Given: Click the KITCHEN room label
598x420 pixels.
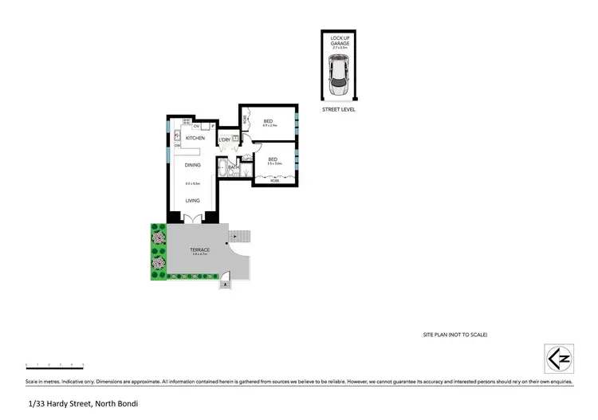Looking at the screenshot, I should (195, 139).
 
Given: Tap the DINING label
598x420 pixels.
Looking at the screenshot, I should (192, 165).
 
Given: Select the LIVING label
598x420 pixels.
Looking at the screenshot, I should (192, 201).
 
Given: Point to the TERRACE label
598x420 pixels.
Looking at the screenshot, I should (199, 250).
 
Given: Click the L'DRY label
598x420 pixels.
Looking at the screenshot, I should (225, 140).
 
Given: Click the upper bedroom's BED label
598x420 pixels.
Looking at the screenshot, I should (268, 121).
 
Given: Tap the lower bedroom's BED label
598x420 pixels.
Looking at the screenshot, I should (273, 159).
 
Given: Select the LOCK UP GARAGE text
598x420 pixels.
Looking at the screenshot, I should (338, 41).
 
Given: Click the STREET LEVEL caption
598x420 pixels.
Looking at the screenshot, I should (338, 110).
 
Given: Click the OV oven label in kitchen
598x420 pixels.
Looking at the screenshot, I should (195, 126).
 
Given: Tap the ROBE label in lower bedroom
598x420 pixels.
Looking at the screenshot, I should (275, 182).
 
